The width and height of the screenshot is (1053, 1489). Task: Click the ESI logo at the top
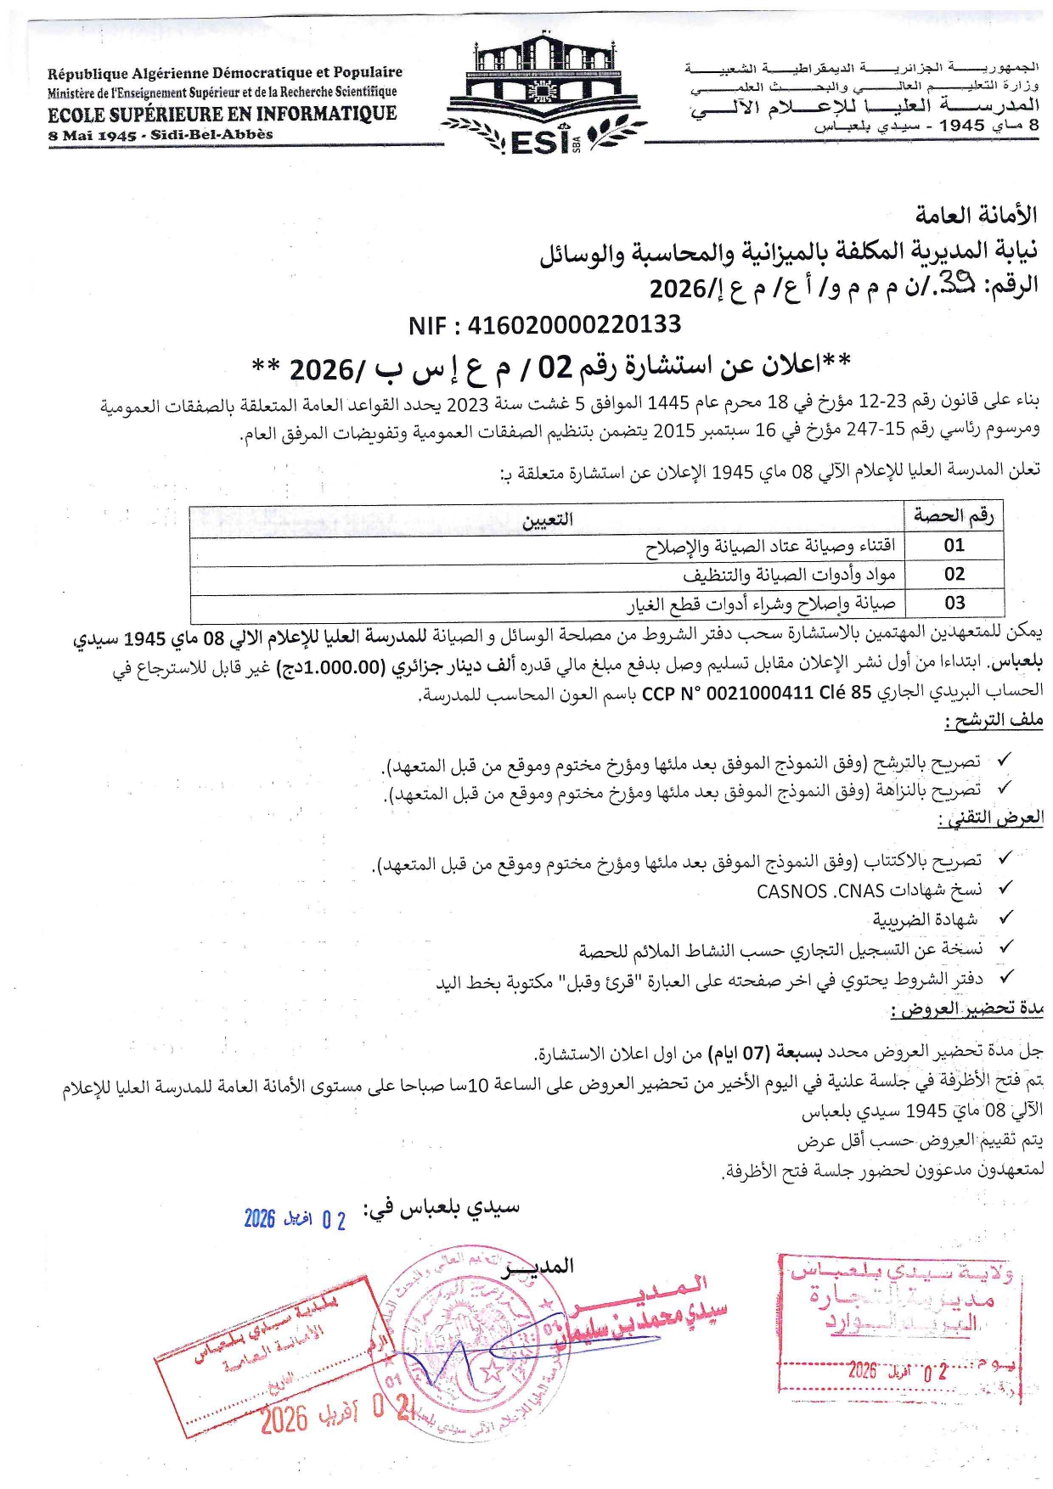[543, 93]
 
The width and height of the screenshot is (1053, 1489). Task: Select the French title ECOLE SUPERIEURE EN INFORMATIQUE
[222, 114]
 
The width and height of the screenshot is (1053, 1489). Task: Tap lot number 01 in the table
[954, 546]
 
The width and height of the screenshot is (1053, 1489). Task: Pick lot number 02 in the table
[954, 575]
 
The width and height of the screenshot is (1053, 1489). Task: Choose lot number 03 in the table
[954, 604]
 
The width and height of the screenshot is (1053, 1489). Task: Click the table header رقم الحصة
[953, 515]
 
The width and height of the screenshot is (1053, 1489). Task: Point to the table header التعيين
[547, 520]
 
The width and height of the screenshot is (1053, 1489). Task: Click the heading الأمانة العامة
[976, 216]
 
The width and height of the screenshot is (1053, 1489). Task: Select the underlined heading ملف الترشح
[994, 721]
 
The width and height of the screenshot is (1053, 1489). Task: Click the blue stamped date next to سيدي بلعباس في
[295, 1220]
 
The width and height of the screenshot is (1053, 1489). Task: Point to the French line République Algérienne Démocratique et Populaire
[225, 73]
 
